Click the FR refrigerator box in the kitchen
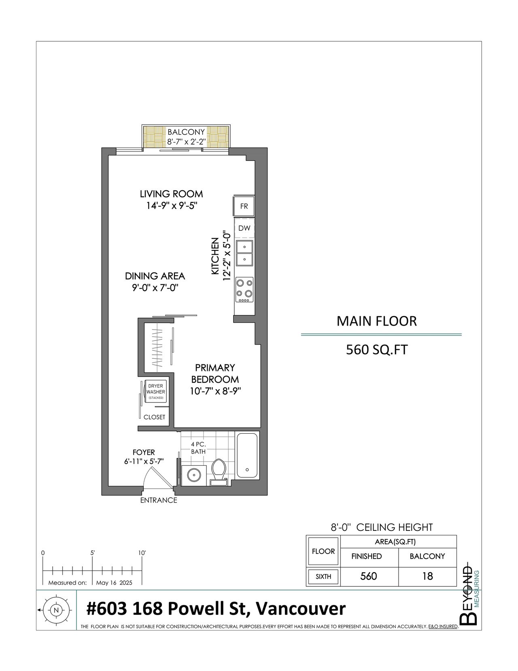244,206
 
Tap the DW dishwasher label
244,228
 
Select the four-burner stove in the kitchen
244,290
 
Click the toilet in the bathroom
219,472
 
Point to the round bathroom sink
194,475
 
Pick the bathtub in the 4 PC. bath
247,456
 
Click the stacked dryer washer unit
156,392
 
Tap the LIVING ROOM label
172,194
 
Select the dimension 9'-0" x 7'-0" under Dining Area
155,288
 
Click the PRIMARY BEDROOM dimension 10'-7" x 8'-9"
215,391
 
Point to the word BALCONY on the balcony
186,132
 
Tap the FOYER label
144,452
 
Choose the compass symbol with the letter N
56,610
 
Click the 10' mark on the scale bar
142,553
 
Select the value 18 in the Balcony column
428,576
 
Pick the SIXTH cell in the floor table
323,577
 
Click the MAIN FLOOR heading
377,321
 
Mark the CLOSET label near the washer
154,417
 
